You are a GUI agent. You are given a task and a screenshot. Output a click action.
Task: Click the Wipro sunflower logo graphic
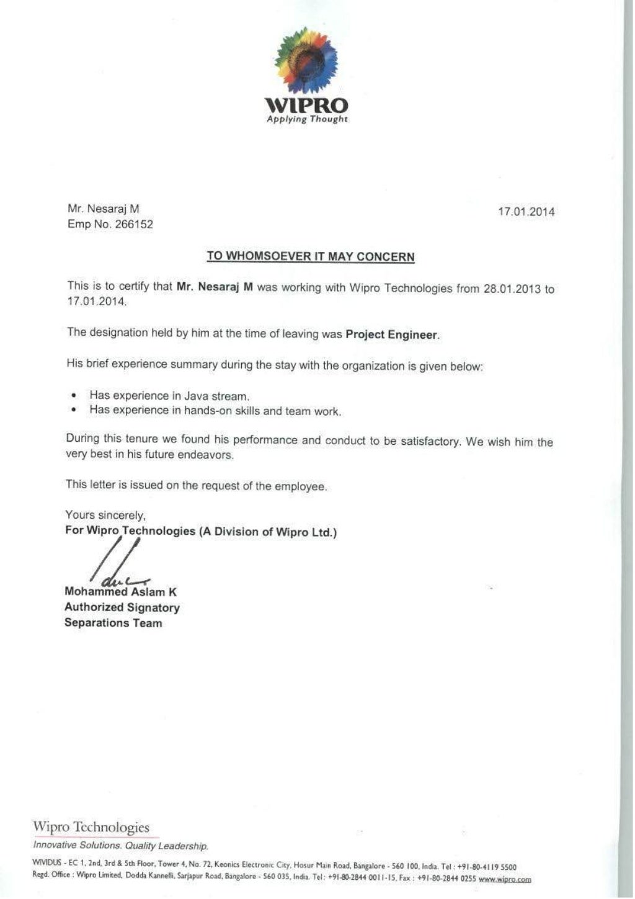click(x=306, y=61)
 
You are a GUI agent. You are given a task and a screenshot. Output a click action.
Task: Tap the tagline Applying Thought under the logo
click(x=307, y=119)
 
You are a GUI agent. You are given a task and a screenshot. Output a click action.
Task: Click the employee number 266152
click(x=134, y=225)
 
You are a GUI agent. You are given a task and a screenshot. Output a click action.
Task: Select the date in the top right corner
click(x=526, y=212)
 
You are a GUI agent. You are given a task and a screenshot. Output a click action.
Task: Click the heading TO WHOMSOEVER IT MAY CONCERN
click(x=311, y=256)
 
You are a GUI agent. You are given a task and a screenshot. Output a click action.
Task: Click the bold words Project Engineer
click(x=391, y=334)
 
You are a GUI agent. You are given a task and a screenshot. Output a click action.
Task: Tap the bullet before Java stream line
click(x=74, y=395)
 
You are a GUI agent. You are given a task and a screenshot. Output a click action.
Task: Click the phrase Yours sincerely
click(x=105, y=515)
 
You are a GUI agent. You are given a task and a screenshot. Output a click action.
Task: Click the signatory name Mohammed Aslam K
click(x=120, y=592)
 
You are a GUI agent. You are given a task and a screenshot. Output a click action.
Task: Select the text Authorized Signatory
click(x=122, y=607)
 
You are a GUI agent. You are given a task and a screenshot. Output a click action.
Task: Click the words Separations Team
click(x=113, y=623)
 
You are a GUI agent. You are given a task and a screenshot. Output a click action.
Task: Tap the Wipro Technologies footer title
click(x=91, y=827)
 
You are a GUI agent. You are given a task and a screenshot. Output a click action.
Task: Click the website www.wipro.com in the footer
click(x=505, y=879)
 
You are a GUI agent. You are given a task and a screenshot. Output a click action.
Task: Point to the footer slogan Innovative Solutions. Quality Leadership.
click(x=120, y=846)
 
